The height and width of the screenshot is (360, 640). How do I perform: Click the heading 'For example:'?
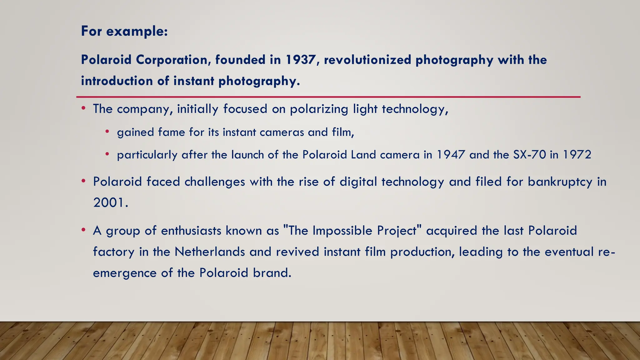[124, 31]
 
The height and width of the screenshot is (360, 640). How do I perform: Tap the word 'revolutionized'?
[367, 60]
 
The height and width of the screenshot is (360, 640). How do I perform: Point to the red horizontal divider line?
[328, 97]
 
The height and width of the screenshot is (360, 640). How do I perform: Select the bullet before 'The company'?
[83, 108]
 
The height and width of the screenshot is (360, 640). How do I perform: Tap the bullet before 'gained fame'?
[107, 132]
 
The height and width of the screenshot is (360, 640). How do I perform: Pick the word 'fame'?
[172, 132]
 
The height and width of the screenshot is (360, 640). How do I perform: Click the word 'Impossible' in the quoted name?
[342, 231]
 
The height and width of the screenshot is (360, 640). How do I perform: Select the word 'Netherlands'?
[210, 252]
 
